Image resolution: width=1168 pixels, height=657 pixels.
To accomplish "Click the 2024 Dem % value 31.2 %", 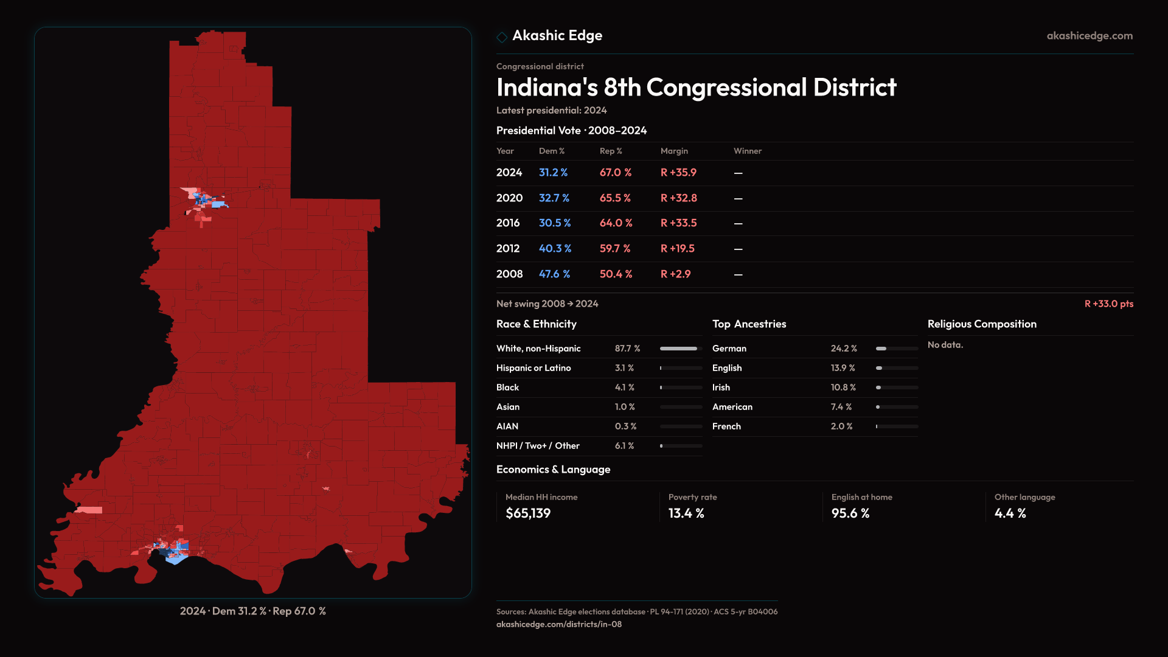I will [553, 173].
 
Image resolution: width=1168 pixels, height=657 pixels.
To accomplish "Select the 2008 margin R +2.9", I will [675, 274].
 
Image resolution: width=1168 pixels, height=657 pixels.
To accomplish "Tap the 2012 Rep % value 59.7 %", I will [614, 249].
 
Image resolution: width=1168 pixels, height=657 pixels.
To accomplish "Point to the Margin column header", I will [674, 151].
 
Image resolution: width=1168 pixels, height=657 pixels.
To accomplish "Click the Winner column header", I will [747, 151].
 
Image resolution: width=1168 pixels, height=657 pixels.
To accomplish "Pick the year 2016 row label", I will [508, 223].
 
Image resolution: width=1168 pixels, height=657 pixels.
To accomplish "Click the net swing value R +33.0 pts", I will [1108, 304].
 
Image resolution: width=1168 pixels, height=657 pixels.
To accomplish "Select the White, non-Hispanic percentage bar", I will [681, 349].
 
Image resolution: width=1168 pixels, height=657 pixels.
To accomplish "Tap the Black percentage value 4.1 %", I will [624, 388].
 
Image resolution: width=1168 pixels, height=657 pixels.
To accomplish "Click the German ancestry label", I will [729, 349].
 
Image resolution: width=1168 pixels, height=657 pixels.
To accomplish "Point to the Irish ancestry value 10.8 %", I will [843, 388].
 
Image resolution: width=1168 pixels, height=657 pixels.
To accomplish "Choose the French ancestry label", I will [726, 426].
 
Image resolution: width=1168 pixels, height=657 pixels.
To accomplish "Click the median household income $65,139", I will [527, 513].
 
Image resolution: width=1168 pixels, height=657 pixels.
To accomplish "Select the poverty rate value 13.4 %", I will [686, 513].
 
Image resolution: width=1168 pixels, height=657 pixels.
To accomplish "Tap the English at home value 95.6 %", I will [850, 513].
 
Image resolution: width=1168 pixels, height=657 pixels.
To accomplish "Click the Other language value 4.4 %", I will [1010, 513].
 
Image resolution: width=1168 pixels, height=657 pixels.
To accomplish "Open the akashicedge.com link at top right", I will [1089, 36].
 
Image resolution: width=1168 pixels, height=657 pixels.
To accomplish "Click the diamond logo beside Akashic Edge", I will [502, 37].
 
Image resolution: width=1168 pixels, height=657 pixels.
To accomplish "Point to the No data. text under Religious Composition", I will [945, 345].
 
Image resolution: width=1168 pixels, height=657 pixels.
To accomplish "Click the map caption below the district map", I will [252, 611].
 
